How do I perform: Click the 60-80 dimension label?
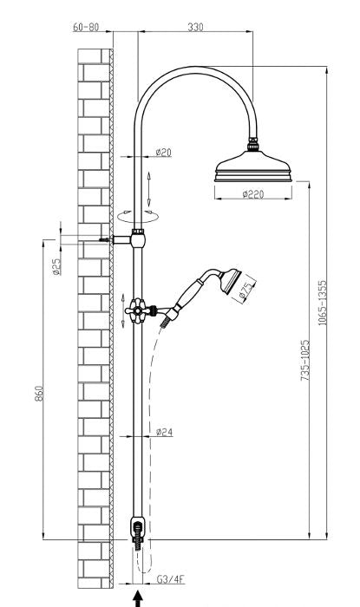coord(87,27)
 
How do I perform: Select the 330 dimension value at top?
coord(196,27)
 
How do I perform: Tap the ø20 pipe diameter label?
coord(163,152)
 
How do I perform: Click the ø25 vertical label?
coord(56,265)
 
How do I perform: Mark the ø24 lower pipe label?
coord(163,431)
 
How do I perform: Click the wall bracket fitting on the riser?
coord(137,237)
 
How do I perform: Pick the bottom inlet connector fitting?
coord(137,530)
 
